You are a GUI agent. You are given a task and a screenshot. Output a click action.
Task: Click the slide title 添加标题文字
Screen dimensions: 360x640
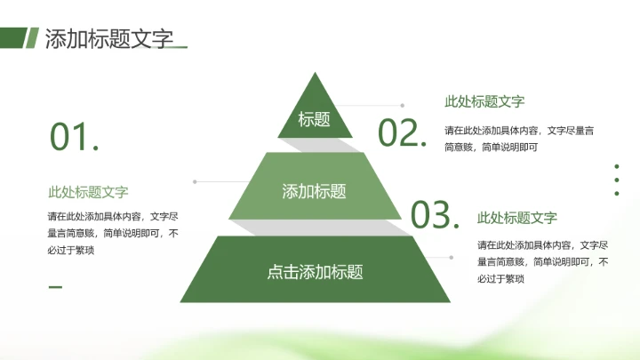click(108, 39)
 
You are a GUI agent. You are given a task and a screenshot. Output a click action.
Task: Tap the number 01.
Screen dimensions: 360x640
click(74, 138)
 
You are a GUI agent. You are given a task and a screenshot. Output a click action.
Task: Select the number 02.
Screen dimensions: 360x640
click(403, 132)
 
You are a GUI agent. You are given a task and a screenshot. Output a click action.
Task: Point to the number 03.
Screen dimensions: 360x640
click(436, 214)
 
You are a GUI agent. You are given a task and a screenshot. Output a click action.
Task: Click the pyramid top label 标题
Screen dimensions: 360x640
click(314, 119)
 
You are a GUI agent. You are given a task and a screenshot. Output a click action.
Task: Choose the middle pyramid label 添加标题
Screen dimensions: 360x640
click(314, 191)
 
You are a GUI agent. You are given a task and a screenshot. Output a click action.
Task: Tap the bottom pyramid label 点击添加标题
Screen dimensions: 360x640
click(315, 272)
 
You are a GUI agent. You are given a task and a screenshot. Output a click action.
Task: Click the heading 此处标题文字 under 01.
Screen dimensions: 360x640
click(88, 192)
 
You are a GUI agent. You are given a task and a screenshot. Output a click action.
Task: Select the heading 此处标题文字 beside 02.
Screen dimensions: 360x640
click(484, 102)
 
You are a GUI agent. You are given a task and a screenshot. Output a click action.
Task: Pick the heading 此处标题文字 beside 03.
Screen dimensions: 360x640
click(517, 218)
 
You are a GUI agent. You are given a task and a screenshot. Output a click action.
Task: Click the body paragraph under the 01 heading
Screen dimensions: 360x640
click(113, 233)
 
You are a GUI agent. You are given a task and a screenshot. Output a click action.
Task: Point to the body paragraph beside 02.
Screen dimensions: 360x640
click(519, 139)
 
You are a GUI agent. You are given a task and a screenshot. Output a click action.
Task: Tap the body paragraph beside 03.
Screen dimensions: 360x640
click(542, 261)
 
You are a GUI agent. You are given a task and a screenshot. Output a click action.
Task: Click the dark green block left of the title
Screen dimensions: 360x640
click(12, 37)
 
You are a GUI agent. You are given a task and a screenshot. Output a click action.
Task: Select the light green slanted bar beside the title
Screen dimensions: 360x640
click(31, 37)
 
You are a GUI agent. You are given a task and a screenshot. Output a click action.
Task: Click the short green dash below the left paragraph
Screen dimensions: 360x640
click(55, 286)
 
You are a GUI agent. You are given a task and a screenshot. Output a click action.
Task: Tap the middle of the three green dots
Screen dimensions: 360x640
click(617, 180)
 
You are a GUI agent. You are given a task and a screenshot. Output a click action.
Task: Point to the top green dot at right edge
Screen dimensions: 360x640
click(617, 165)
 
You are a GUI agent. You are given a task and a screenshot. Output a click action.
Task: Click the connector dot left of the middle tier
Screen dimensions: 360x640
click(195, 182)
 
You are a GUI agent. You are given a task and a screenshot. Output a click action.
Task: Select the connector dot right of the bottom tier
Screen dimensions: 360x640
click(451, 258)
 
